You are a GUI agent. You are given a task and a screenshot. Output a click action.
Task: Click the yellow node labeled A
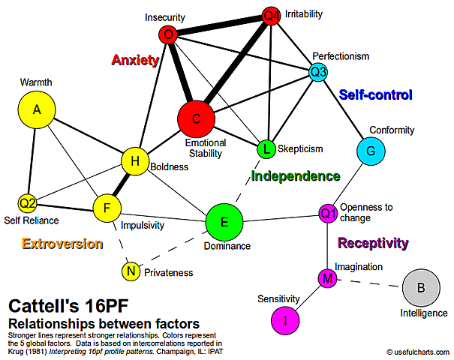point(37,109)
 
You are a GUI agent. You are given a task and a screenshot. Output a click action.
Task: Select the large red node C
point(197,118)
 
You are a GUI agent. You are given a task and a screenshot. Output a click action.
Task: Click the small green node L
point(266,148)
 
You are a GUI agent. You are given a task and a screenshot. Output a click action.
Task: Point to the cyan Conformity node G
point(371,151)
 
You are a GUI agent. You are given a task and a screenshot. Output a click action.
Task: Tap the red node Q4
point(272,15)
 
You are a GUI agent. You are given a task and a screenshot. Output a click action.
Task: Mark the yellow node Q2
point(28,202)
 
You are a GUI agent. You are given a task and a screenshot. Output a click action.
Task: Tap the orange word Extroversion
point(62,243)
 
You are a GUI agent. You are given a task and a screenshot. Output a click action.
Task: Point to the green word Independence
point(295,176)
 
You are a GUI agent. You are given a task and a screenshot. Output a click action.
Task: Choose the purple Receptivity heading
point(373,243)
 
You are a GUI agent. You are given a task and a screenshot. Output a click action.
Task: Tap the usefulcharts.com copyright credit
point(417,351)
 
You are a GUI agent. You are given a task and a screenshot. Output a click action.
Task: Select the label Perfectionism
point(341,55)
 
